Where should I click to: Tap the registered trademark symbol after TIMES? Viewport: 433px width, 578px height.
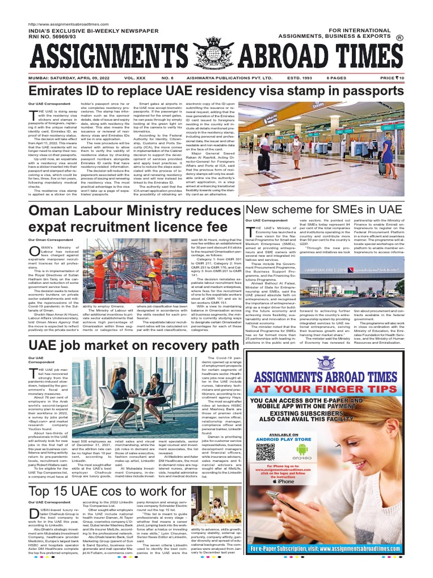point(400,38)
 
